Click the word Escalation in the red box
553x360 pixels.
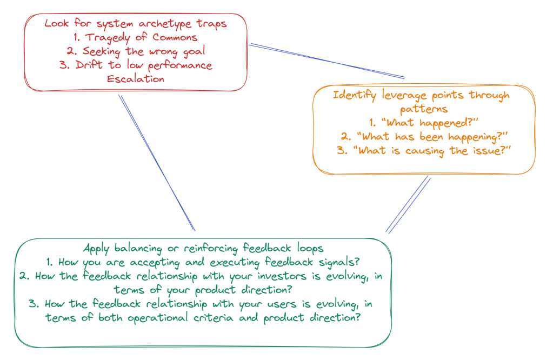tap(135, 79)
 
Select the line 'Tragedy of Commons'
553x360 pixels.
tap(135, 37)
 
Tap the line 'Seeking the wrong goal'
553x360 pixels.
tap(135, 51)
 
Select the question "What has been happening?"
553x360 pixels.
tap(424, 137)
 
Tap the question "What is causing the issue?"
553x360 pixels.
tap(424, 151)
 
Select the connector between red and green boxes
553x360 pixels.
tap(156, 162)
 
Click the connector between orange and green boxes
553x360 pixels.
tap(408, 204)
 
